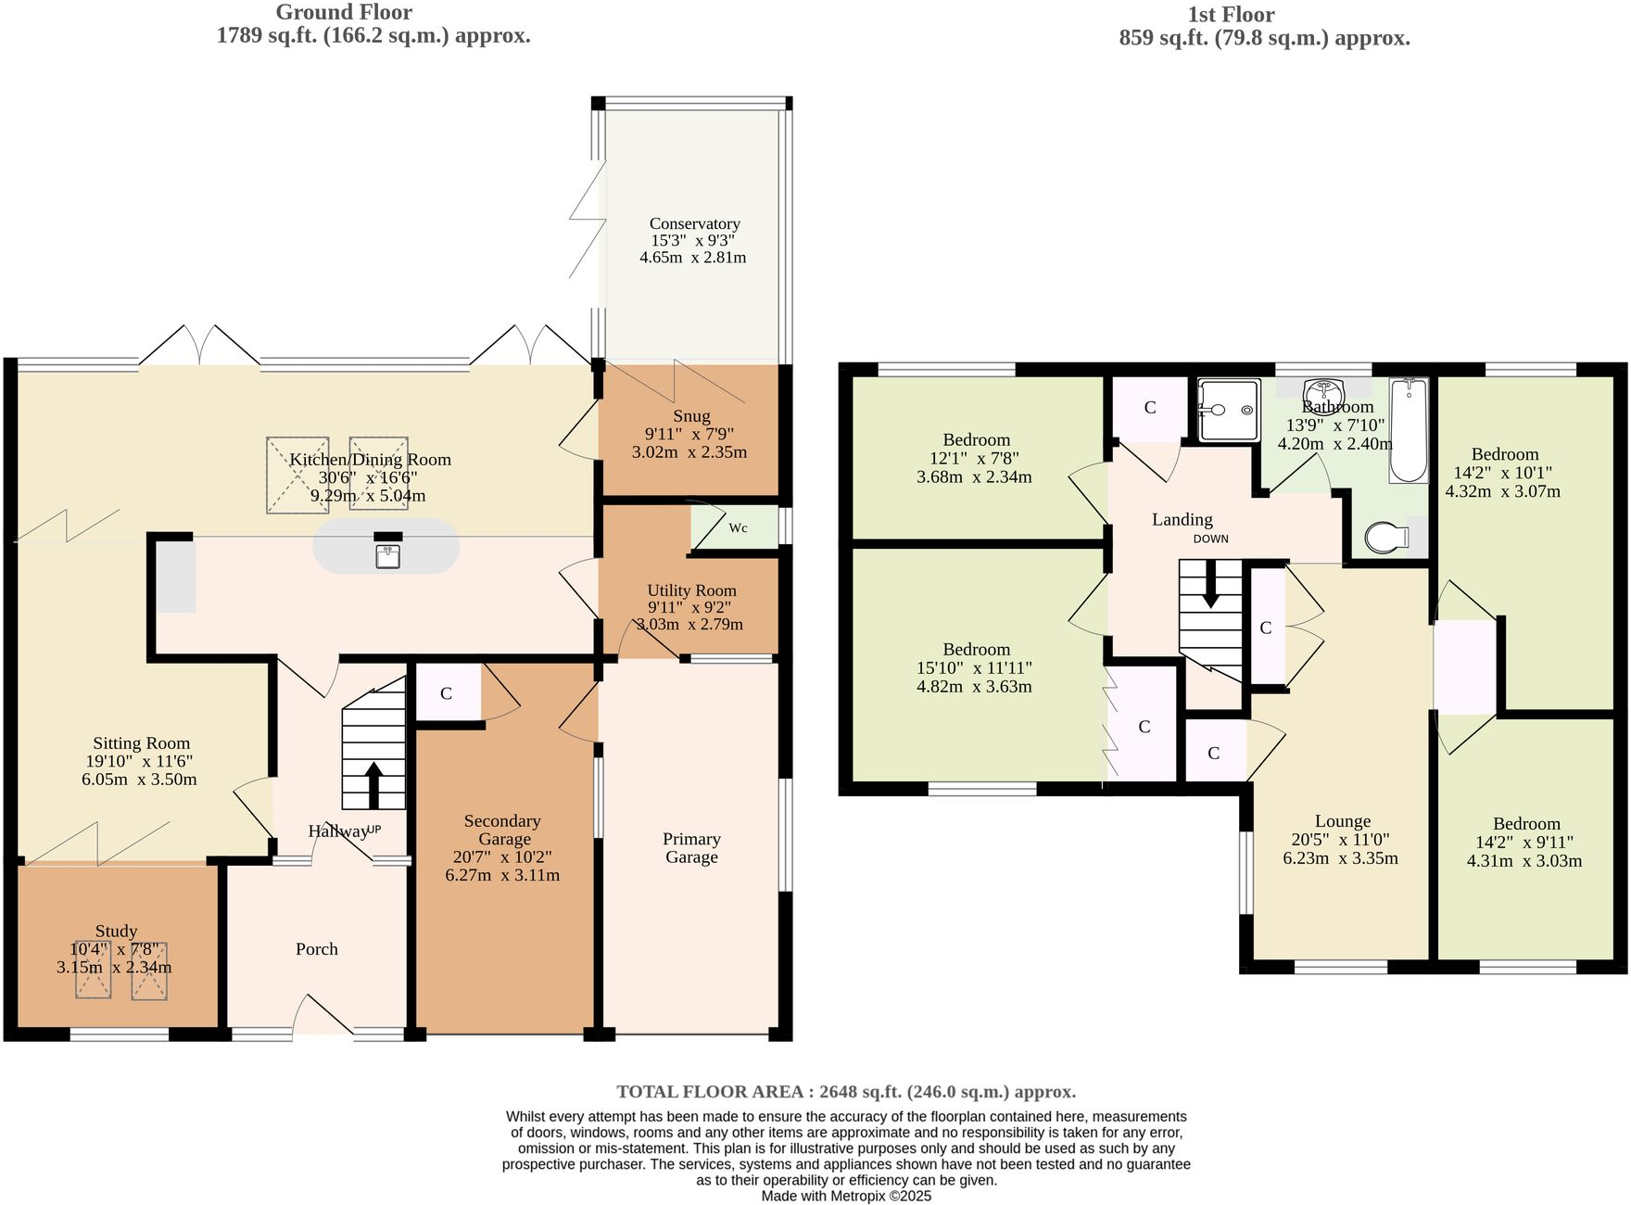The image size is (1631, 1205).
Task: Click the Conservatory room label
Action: click(694, 223)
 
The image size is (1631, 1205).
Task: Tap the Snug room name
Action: click(691, 416)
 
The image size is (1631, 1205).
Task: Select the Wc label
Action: click(738, 528)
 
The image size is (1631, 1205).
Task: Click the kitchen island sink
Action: click(387, 555)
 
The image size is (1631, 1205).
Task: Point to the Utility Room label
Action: click(691, 590)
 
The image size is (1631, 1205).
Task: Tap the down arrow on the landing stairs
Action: click(1210, 587)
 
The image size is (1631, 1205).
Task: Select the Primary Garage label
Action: click(691, 847)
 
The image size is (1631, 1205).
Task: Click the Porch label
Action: click(316, 949)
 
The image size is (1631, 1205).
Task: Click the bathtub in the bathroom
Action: click(1409, 431)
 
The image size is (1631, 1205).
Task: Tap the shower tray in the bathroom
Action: click(1230, 410)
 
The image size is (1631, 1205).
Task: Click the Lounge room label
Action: click(1342, 821)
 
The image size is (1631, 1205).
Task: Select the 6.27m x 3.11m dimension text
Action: click(502, 875)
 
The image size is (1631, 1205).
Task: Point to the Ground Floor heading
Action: click(344, 13)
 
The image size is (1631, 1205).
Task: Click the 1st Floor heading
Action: click(1231, 15)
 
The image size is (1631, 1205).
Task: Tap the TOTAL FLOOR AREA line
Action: click(846, 1092)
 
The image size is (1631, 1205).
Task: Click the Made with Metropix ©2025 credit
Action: click(846, 1196)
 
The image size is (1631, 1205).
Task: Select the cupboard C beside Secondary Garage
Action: click(447, 693)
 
